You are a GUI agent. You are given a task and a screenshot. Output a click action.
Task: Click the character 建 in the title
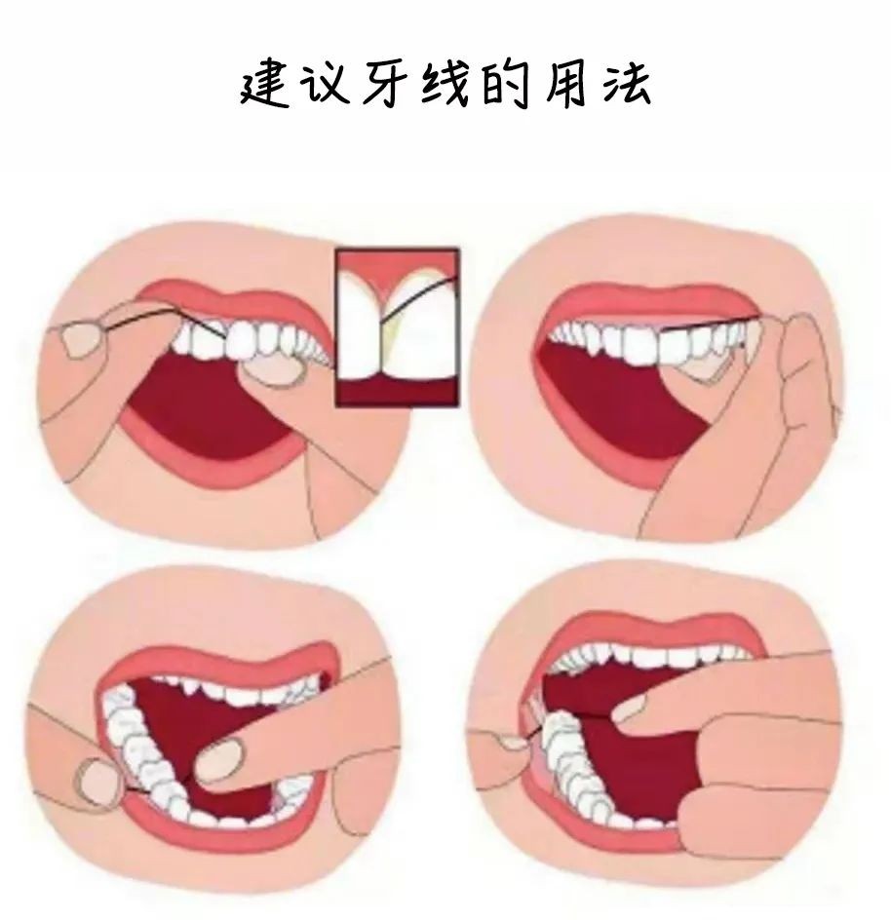point(265,86)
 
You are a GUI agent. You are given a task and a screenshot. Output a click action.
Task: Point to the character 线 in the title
point(445,86)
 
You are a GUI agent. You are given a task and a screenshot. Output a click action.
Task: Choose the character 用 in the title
point(564,86)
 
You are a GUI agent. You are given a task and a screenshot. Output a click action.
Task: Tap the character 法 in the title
point(626,86)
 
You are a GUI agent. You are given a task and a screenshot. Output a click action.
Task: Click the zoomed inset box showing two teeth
point(398,326)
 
